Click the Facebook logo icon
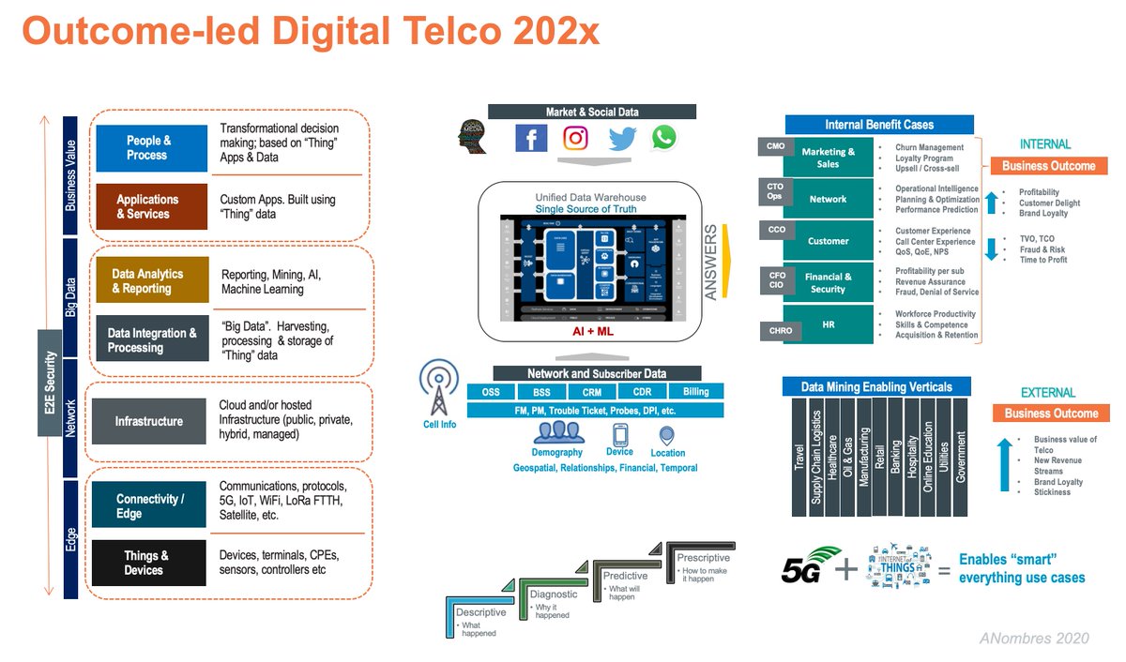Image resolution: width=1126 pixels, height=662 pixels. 531,139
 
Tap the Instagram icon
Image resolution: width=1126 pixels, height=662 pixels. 575,139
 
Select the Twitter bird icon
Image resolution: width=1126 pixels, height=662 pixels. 621,139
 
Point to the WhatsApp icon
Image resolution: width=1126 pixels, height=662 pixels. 663,138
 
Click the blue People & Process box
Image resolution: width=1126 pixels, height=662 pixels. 150,148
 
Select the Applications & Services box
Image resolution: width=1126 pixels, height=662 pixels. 150,206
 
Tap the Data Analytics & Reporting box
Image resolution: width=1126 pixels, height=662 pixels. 150,281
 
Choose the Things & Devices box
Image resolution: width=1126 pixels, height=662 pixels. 150,563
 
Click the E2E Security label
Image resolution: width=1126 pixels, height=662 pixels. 50,382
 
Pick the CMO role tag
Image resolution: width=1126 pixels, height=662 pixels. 776,146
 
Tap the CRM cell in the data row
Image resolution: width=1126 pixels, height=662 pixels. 591,392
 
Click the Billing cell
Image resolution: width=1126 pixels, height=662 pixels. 696,392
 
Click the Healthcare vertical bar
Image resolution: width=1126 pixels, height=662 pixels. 831,458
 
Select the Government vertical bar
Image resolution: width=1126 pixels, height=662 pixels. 960,458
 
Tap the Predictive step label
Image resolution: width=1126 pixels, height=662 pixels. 625,576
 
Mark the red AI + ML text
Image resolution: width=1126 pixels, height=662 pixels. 592,332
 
